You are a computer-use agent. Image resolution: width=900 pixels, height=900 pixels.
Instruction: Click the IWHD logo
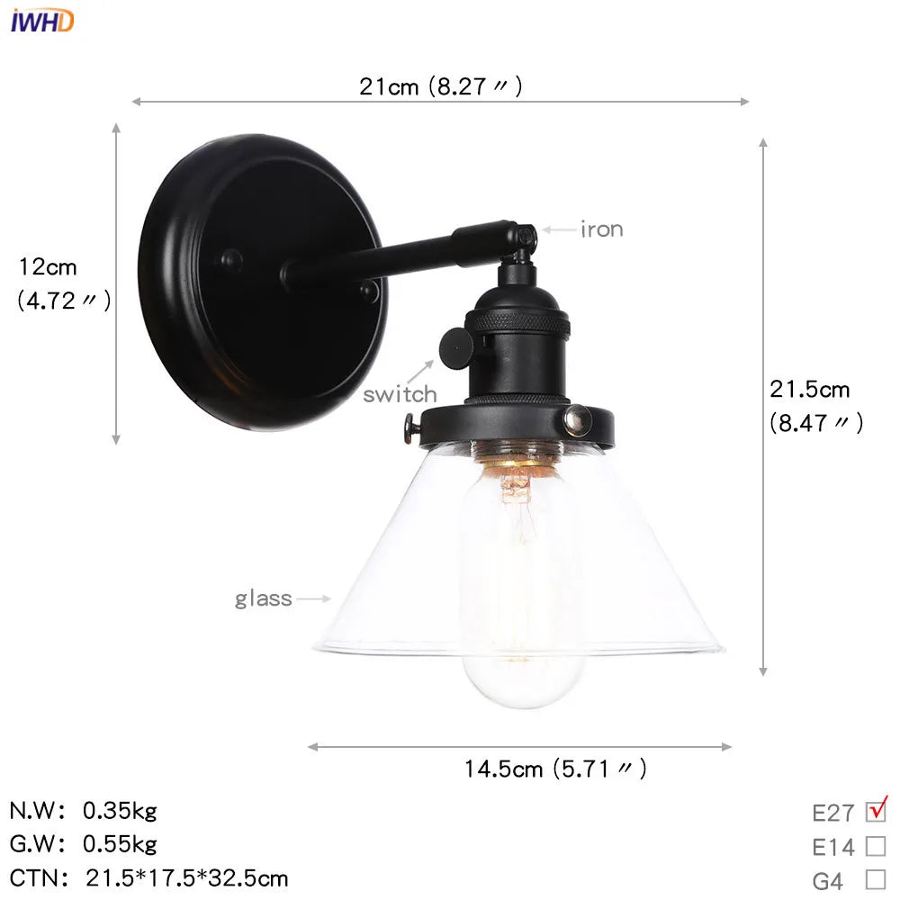(42, 20)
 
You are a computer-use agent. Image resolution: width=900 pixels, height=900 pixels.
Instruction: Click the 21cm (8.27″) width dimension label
(440, 86)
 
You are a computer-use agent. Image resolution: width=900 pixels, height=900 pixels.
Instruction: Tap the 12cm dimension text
(49, 267)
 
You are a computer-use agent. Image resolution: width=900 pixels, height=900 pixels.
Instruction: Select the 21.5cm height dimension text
(809, 390)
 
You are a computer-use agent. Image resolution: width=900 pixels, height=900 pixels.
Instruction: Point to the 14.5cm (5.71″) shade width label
(554, 768)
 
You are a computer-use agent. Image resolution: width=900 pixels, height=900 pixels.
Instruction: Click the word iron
(601, 229)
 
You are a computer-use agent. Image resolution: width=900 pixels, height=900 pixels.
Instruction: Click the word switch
(400, 394)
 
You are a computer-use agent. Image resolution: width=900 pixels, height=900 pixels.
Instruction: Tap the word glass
(263, 598)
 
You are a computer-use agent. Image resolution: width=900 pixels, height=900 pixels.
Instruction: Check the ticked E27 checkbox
(876, 811)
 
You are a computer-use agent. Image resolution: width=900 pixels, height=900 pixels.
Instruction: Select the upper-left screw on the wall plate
(231, 259)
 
